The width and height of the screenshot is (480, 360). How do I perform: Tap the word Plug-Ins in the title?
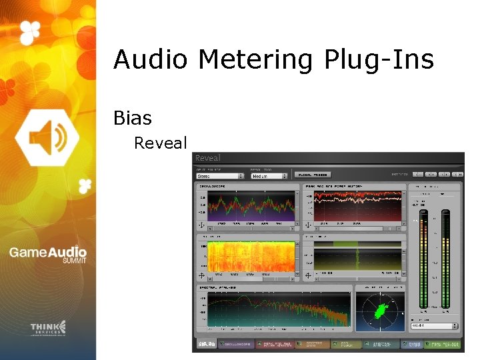tap(379, 61)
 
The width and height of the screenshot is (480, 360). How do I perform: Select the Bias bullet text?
tap(133, 119)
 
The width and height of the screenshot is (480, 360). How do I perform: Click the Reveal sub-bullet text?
tap(161, 143)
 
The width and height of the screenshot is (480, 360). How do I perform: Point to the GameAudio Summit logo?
tap(47, 255)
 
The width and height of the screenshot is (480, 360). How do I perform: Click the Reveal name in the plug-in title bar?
tap(207, 158)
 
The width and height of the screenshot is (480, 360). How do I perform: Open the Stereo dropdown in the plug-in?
tap(220, 176)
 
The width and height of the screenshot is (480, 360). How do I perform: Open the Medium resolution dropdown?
tap(269, 176)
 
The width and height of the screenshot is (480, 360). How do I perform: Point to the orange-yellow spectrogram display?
tap(251, 257)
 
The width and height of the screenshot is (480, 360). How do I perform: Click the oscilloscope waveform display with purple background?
tap(251, 206)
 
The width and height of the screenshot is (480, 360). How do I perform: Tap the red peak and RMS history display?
tap(359, 206)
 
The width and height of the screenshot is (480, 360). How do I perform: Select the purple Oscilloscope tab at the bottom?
tap(236, 344)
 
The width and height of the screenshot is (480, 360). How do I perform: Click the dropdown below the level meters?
tap(435, 326)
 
